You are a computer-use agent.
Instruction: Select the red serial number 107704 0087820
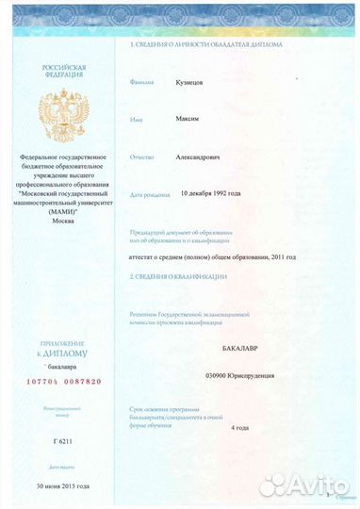pos(62,383)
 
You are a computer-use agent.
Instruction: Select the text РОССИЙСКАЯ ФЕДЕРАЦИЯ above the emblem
pos(63,72)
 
